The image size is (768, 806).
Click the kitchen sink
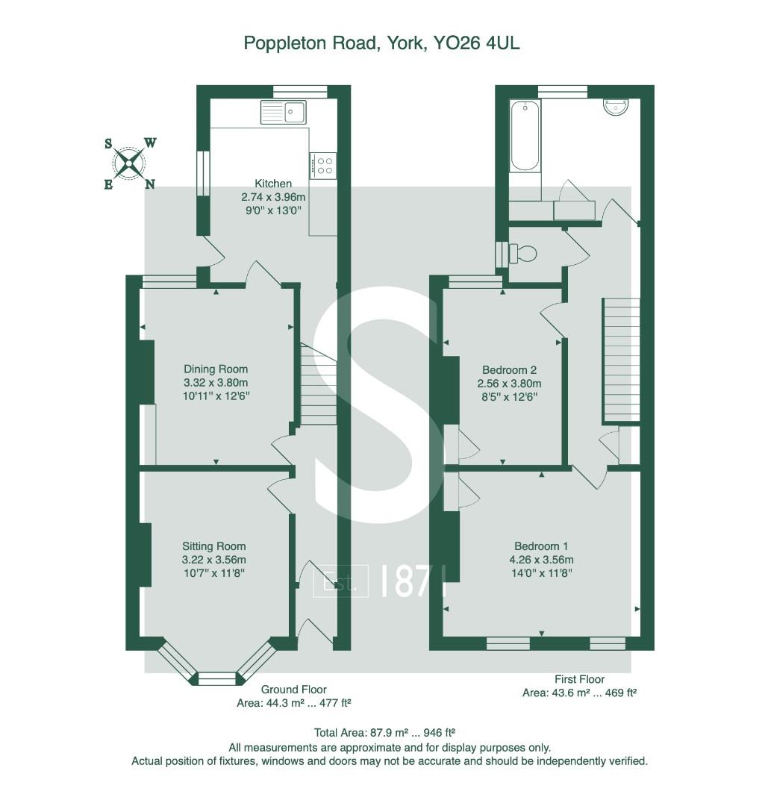point(283,112)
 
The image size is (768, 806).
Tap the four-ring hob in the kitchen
point(323,165)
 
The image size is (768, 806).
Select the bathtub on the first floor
point(525,137)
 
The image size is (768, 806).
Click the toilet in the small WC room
point(524,254)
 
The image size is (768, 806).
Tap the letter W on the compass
point(150,143)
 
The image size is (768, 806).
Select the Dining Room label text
point(216,369)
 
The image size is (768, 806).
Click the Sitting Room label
point(213,546)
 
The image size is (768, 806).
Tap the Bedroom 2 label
point(509,369)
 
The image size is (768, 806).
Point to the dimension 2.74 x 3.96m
point(273,197)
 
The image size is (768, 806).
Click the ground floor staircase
point(319,384)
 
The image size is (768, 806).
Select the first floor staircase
point(621,360)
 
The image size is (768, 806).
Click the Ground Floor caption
point(293,690)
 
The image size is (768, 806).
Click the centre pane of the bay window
point(216,678)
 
